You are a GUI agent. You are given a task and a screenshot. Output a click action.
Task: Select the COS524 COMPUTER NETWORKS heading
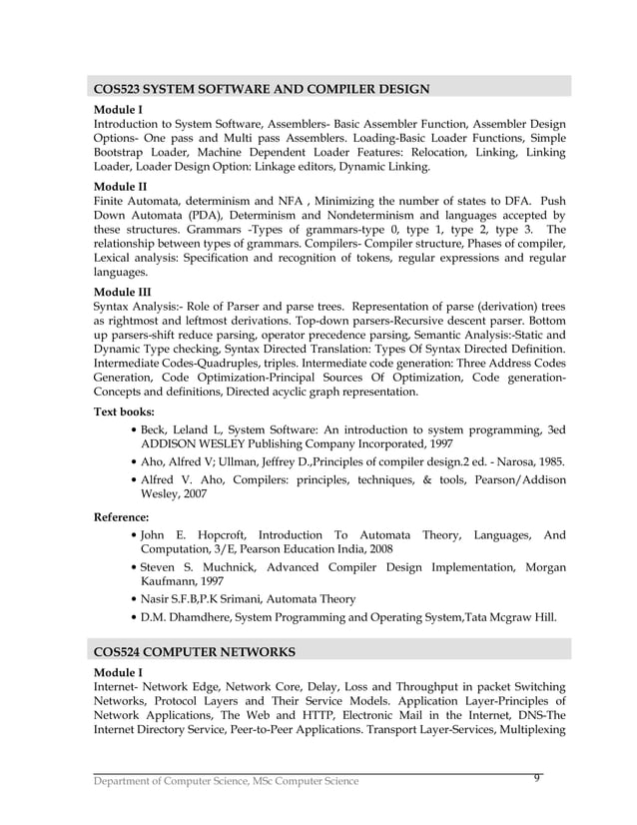click(194, 652)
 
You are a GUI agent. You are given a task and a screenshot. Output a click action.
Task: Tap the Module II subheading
click(119, 187)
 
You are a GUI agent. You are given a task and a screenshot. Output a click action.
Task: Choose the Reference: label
click(121, 517)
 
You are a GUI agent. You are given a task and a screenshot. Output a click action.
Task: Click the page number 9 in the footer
click(537, 778)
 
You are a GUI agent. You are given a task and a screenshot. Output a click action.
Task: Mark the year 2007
click(192, 493)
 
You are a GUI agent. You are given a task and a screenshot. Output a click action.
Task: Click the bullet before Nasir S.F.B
click(135, 599)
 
